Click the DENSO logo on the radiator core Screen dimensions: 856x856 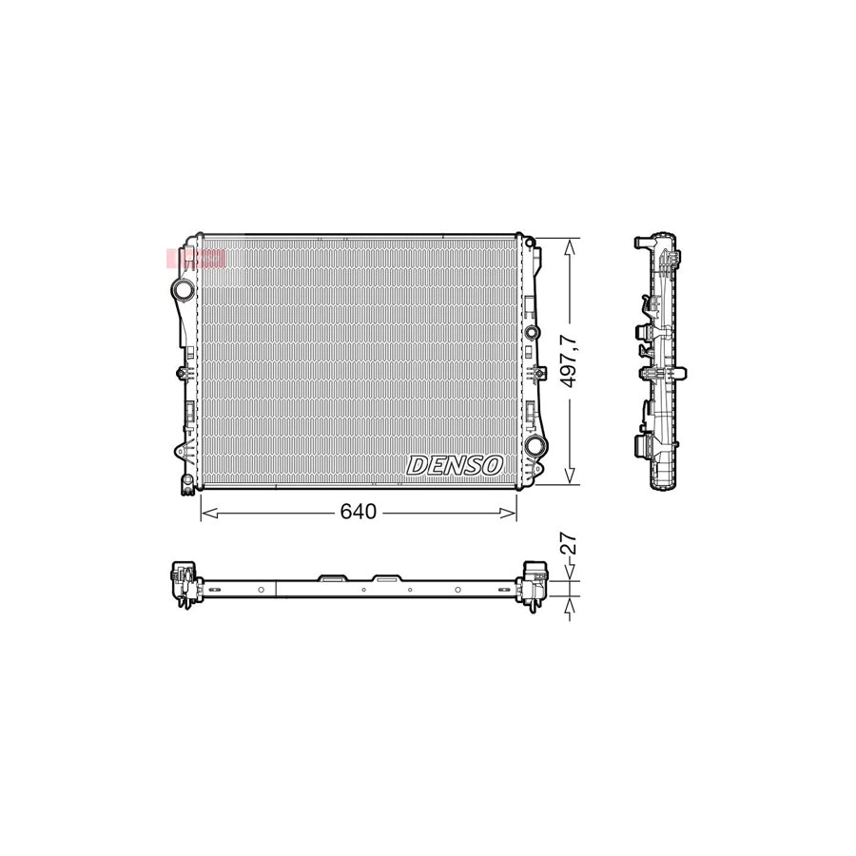(455, 465)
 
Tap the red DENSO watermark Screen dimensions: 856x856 (196, 258)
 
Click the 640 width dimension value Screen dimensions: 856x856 (359, 513)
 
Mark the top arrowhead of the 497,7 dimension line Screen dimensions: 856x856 (569, 244)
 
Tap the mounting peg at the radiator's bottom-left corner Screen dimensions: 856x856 (182, 488)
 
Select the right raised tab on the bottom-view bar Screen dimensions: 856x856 (386, 576)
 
